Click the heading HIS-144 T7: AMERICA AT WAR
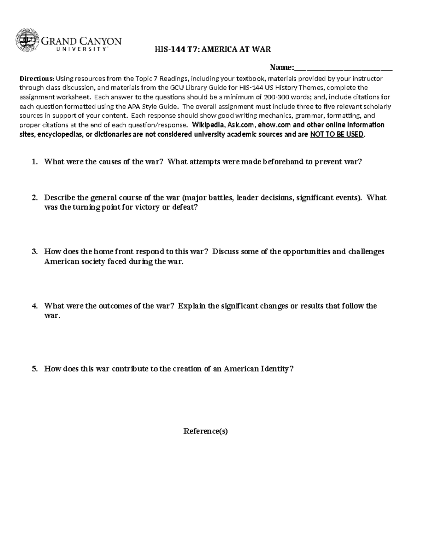pyautogui.click(x=213, y=49)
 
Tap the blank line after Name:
pyautogui.click(x=343, y=68)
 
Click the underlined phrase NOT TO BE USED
pyautogui.click(x=336, y=134)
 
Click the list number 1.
pyautogui.click(x=34, y=162)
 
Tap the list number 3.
pyautogui.click(x=34, y=252)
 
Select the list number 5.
pyautogui.click(x=34, y=369)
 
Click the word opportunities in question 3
pyautogui.click(x=307, y=252)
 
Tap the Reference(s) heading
pyautogui.click(x=206, y=431)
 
